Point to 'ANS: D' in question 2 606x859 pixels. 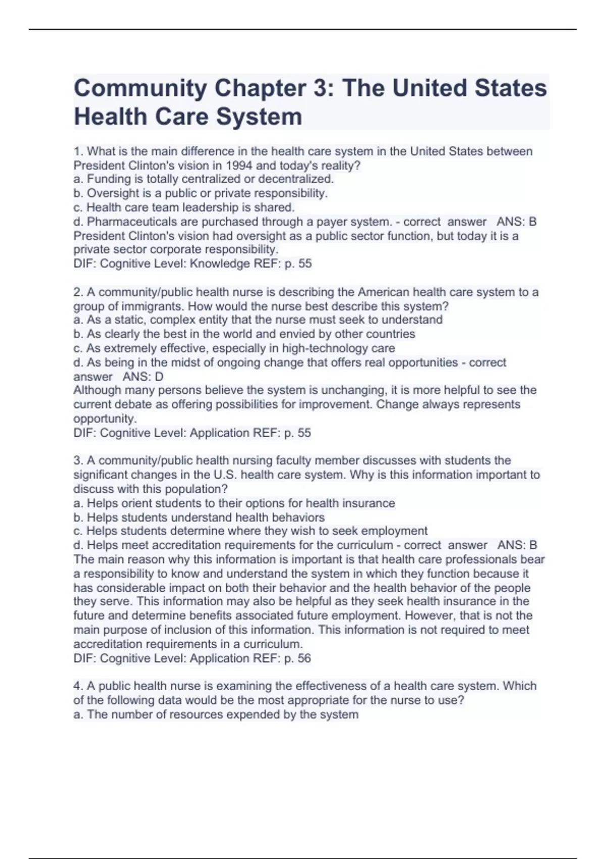(x=143, y=377)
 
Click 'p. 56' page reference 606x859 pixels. (x=298, y=658)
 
